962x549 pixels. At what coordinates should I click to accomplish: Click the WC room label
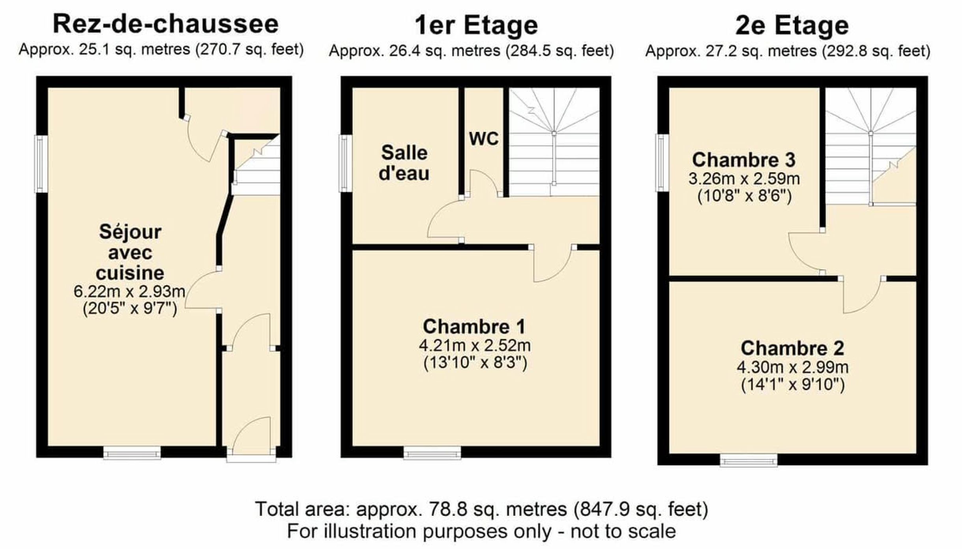pos(483,139)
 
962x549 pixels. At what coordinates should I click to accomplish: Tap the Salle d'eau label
pos(404,163)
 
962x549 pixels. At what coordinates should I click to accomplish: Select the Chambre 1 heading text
pos(474,327)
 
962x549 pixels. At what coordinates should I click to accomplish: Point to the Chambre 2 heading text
pos(792,348)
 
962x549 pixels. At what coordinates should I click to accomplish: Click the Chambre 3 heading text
pos(744,160)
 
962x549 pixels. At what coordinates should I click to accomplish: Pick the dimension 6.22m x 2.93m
pos(129,291)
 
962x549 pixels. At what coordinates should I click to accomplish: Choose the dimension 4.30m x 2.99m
pos(792,367)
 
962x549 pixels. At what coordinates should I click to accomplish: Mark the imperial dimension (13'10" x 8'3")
pos(475,363)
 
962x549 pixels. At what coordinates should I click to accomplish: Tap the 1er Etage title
pos(476,25)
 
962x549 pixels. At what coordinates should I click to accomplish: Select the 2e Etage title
pos(792,25)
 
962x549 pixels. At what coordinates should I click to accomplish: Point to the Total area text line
pos(481,509)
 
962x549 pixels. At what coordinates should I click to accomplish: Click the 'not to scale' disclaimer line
pos(481,531)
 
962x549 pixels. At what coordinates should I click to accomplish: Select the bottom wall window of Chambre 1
pos(432,453)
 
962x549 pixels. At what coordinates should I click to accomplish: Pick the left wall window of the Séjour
pos(41,164)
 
